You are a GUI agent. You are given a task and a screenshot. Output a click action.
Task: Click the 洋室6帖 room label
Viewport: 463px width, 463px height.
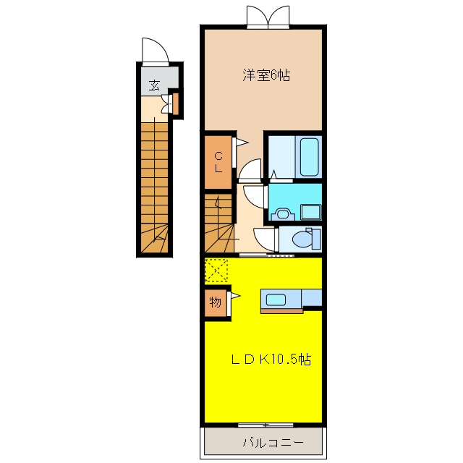(266, 75)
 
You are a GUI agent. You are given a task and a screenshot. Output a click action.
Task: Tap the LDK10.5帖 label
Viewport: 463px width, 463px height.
(271, 360)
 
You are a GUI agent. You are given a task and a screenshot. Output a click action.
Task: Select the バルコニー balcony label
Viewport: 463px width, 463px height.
(273, 442)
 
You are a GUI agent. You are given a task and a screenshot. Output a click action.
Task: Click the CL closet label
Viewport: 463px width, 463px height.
(218, 162)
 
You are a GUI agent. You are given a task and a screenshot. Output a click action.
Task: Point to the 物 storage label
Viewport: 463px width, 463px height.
(216, 302)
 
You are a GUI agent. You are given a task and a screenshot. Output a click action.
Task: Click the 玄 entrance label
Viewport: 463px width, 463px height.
(154, 85)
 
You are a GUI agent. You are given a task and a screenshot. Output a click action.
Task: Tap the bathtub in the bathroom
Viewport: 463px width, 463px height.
(309, 157)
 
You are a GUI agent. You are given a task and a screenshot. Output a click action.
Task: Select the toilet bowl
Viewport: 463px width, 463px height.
(302, 238)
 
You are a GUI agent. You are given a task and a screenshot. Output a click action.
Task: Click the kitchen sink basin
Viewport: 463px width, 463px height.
(276, 300)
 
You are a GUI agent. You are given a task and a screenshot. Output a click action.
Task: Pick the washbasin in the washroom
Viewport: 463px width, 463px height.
(283, 213)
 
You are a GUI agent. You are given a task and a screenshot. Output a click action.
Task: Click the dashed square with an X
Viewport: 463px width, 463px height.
(216, 270)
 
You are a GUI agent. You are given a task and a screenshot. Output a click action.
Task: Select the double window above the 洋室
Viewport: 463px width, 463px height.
(268, 17)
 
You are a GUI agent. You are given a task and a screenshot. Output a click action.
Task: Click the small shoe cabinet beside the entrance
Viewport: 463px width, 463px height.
(175, 104)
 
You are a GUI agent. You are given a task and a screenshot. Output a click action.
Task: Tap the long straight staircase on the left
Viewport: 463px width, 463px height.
(154, 188)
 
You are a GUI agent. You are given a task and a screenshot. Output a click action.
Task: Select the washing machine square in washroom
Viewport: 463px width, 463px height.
(310, 212)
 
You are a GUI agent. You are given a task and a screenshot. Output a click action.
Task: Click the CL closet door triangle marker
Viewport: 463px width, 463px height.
(242, 143)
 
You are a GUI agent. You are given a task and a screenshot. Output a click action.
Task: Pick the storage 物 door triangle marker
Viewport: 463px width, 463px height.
(236, 295)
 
